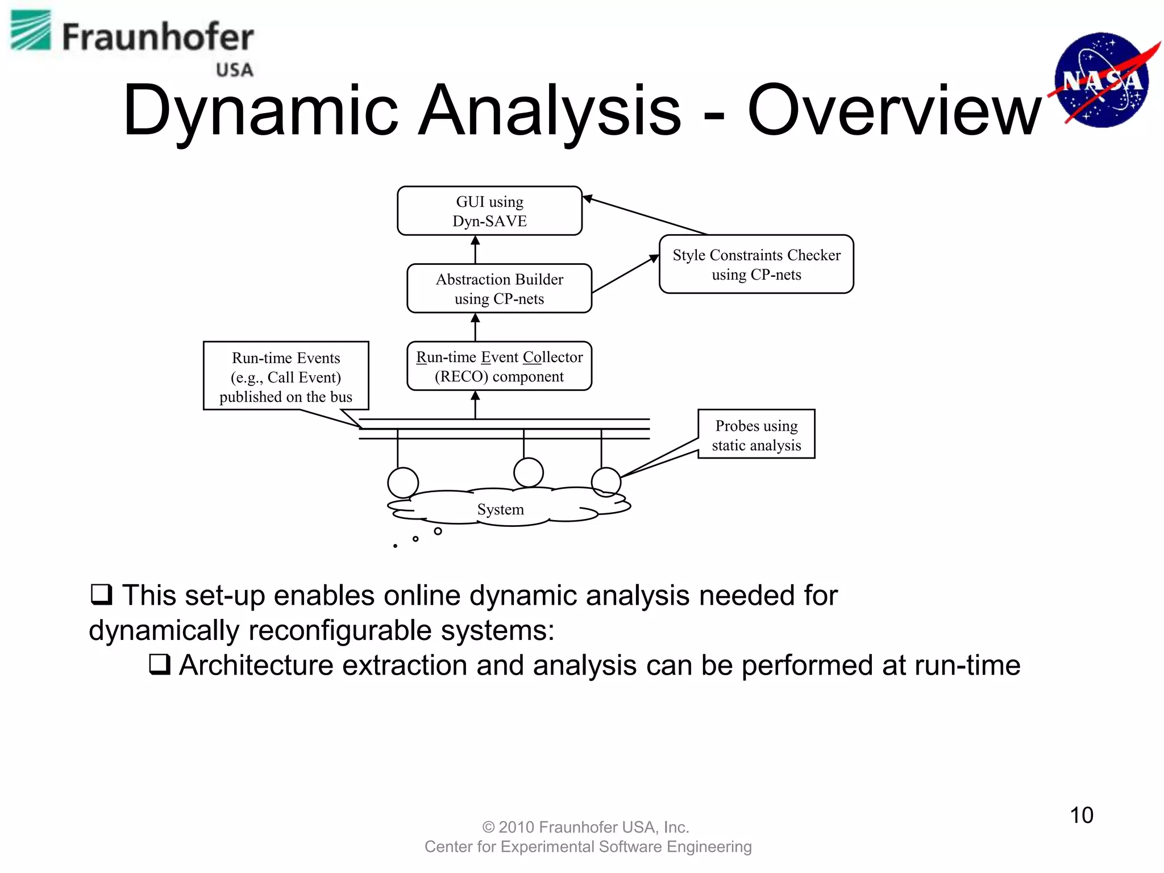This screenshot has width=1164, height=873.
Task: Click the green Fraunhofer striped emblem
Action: click(31, 31)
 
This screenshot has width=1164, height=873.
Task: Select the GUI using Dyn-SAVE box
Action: click(489, 211)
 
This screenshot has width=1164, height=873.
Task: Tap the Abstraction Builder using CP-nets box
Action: click(499, 289)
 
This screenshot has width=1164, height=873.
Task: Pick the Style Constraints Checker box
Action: click(756, 264)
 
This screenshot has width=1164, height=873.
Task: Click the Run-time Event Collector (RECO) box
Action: click(499, 367)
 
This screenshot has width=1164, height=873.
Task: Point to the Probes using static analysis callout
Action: click(756, 435)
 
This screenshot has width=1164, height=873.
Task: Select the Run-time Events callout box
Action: click(286, 376)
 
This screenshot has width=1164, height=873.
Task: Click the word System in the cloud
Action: click(500, 509)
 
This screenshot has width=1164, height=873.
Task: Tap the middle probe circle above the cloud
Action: click(528, 472)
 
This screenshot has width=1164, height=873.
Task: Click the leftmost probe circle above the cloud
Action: click(403, 482)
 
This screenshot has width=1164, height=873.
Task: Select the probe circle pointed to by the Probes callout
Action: click(606, 481)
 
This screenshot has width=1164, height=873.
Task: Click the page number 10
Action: click(1081, 815)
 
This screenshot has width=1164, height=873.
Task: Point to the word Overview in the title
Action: click(894, 111)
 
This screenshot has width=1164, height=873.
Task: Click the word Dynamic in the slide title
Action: click(260, 111)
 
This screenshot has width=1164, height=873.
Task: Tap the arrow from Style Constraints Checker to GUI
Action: click(645, 215)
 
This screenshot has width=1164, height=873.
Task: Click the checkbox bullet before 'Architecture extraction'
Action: click(160, 664)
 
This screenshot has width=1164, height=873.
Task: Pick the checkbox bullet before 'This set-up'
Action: click(101, 595)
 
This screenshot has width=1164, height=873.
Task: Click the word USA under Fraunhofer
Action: click(234, 70)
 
